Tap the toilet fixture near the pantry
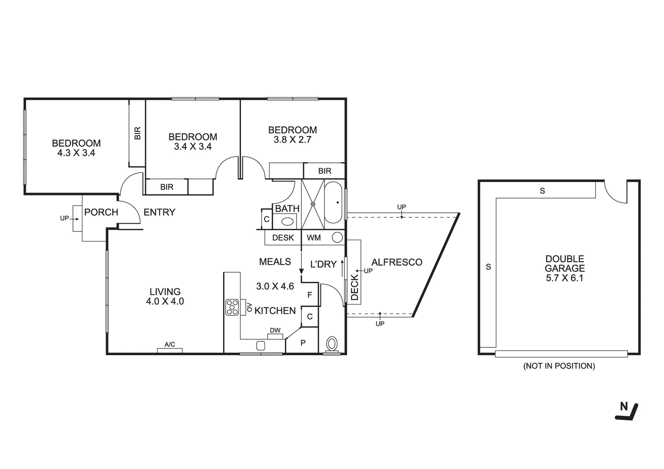pos(332,344)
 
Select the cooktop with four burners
pos(232,307)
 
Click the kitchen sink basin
pos(261,346)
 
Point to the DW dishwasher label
pos(275,330)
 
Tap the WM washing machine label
pos(314,238)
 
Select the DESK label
pos(283,238)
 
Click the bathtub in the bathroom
pos(334,202)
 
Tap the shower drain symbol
pos(312,203)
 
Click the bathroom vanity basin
pos(287,221)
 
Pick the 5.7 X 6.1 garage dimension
pos(565,278)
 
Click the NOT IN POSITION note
pos(559,366)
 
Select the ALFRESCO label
pos(397,262)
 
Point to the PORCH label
pos(101,212)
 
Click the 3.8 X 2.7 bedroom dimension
pos(292,140)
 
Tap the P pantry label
pos(303,343)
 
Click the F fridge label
pos(310,295)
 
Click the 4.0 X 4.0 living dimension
pos(165,301)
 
